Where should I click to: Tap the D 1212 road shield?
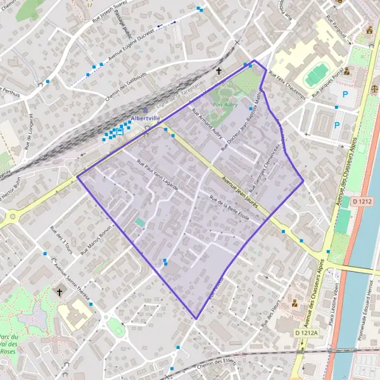(362, 201)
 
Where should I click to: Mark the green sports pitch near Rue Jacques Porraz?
(315, 77)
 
